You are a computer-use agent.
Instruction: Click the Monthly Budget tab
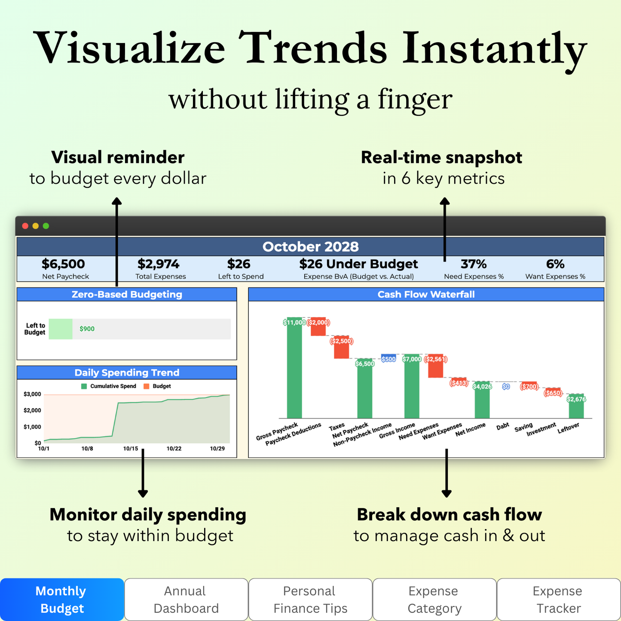tap(62, 600)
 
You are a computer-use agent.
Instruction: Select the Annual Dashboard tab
tap(186, 600)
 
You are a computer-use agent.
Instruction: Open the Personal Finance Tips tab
tap(310, 600)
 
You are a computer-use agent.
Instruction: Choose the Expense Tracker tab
tap(559, 600)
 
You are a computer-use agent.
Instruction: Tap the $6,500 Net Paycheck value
tap(63, 264)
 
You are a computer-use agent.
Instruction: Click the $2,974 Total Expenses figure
tap(158, 264)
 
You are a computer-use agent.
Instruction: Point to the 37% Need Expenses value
tap(474, 264)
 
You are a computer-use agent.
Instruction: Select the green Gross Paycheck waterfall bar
tap(294, 368)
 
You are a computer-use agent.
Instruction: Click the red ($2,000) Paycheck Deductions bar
tap(318, 327)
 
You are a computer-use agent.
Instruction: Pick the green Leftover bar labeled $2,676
tap(576, 406)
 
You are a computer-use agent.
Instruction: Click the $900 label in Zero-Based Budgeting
tap(87, 329)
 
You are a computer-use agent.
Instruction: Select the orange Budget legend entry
tap(157, 386)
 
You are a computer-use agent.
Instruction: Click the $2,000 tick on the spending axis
tap(32, 410)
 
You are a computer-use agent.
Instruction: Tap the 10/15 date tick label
tap(131, 449)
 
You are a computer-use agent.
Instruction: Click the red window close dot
tap(25, 226)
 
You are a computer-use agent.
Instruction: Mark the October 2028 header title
tap(310, 247)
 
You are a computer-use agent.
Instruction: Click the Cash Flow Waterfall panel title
tap(426, 294)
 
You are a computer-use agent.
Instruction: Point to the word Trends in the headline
tap(312, 48)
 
